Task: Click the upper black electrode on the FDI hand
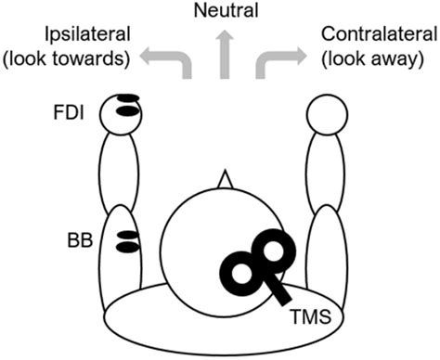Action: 127,100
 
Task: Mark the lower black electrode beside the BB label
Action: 126,248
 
